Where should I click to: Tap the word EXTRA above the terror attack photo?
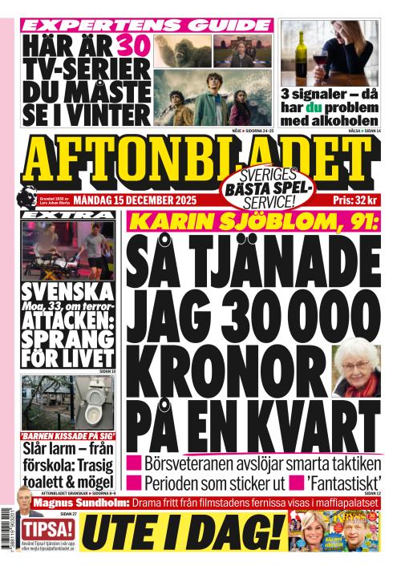coord(67,216)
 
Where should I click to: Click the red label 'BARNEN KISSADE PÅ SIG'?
coord(68,437)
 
